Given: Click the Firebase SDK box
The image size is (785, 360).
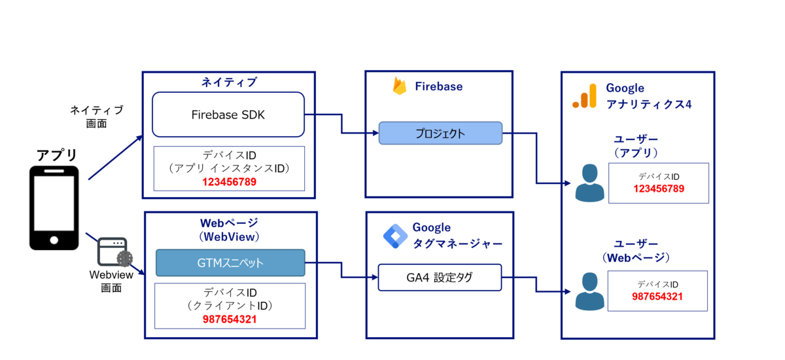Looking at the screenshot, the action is point(228,115).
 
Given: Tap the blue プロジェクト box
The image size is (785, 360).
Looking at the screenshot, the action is point(440,134).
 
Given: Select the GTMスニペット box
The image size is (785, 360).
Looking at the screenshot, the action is point(230,263).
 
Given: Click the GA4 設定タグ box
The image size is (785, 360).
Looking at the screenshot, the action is point(440,278).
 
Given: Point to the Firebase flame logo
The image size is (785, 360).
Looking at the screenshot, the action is point(400,86).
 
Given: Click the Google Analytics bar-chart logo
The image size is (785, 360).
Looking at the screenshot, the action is point(585,96).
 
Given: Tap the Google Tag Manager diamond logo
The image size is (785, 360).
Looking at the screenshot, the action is point(395,236).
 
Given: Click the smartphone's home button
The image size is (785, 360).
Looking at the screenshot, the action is point(54,240).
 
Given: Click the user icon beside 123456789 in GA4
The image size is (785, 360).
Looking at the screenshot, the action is point(590,183).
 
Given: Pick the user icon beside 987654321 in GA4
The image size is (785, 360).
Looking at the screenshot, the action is point(590,291).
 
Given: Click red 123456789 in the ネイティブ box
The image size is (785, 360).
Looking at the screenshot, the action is point(229,182).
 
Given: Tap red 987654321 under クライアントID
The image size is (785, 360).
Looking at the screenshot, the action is point(230,319).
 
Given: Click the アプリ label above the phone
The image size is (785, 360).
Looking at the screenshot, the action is point(56,155).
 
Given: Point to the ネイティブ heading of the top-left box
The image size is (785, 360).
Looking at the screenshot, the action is point(229,82).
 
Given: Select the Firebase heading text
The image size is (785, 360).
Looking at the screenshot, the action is point(439,86).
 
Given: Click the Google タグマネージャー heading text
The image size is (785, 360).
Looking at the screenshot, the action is point(457,236).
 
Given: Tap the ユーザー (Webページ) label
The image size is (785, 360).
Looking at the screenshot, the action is point(636,251).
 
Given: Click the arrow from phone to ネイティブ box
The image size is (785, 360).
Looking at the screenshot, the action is point(116,157).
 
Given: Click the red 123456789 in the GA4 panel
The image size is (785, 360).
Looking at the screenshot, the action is point(659,189).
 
